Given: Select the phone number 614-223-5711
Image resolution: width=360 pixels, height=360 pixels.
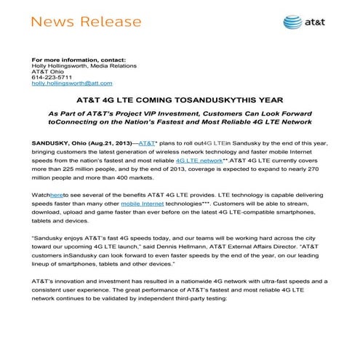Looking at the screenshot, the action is click(x=47, y=79).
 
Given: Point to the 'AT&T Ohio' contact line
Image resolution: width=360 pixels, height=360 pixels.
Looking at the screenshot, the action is click(x=45, y=72).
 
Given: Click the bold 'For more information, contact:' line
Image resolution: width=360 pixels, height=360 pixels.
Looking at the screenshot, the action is click(x=74, y=59).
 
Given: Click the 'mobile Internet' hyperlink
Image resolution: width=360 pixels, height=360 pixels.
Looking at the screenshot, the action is click(x=150, y=205).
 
